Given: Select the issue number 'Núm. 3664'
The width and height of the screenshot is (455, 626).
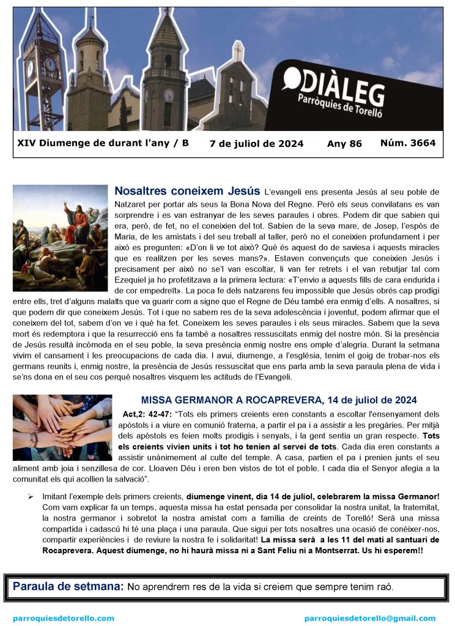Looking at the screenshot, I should [407, 143].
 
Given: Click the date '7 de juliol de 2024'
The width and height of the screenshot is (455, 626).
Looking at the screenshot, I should [256, 144].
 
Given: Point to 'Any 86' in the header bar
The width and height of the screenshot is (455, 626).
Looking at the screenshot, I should [344, 144].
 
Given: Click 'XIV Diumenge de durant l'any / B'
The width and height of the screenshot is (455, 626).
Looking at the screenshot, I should [103, 143].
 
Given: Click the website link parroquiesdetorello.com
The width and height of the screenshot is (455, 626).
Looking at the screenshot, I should [64, 618].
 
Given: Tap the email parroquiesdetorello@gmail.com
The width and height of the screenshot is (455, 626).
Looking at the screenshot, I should [370, 618].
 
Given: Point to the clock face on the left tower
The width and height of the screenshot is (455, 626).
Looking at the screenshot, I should [50, 64].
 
